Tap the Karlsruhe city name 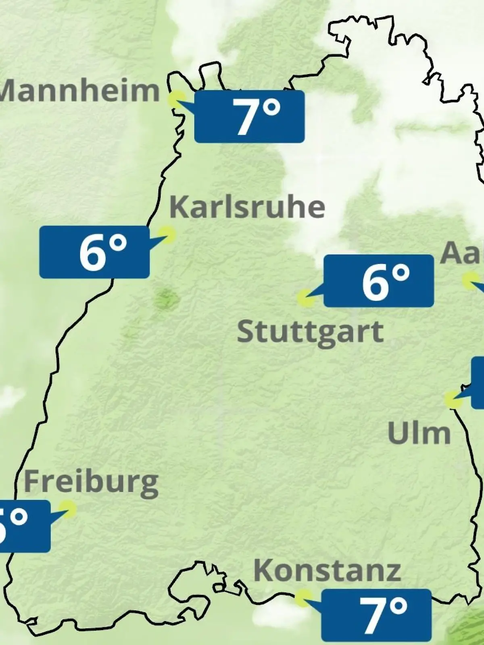click(x=247, y=207)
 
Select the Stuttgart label click(x=310, y=332)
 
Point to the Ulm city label click(x=419, y=433)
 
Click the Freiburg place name click(x=91, y=483)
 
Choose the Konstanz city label click(x=327, y=570)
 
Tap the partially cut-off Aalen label click(x=462, y=253)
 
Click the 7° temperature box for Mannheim click(x=249, y=117)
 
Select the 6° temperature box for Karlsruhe click(x=94, y=252)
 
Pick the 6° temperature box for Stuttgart click(x=379, y=281)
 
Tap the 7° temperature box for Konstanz click(x=376, y=615)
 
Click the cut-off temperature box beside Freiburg click(x=24, y=526)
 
